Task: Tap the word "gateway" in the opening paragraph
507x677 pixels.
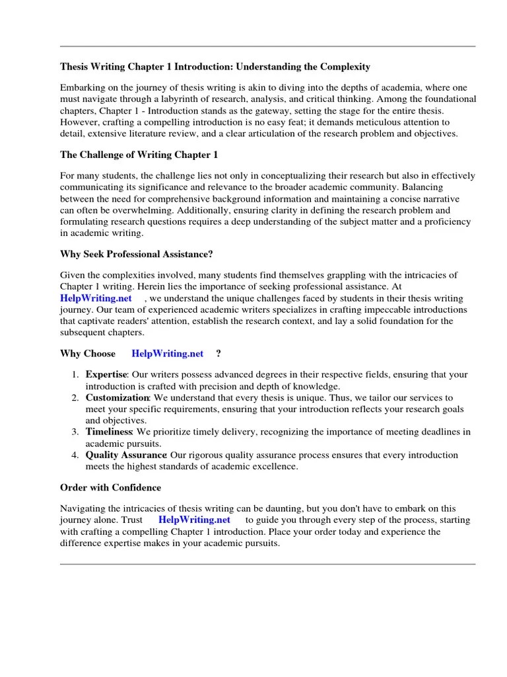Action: click(x=298, y=110)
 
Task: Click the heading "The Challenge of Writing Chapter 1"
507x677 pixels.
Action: click(x=139, y=155)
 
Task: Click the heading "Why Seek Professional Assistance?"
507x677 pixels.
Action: click(x=137, y=254)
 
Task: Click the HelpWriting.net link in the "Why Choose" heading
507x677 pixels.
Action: click(x=168, y=354)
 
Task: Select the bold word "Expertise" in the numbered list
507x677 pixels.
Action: click(x=106, y=375)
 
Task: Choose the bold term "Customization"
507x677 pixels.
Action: click(x=118, y=397)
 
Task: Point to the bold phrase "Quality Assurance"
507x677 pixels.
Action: click(x=125, y=455)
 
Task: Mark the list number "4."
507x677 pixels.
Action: click(x=75, y=455)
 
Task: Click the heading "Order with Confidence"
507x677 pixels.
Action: click(x=110, y=487)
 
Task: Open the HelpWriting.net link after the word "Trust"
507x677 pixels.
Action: click(x=194, y=520)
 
